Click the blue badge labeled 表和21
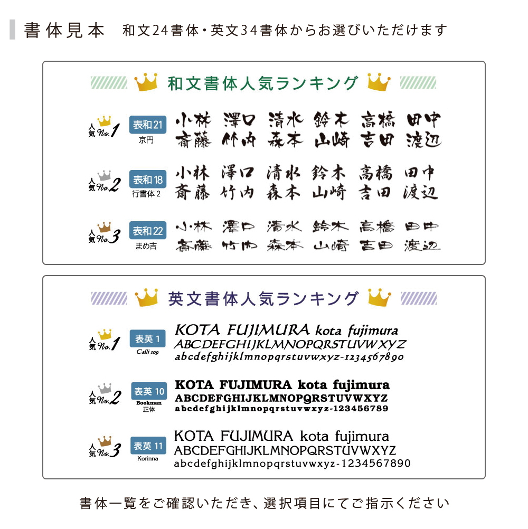[x=147, y=125]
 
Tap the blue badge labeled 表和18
[x=147, y=179]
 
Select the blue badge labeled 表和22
[x=147, y=231]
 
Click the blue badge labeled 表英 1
[x=147, y=338]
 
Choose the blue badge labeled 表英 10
[x=149, y=391]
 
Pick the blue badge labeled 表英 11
[x=149, y=445]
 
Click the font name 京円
[x=146, y=140]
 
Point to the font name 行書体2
[x=146, y=194]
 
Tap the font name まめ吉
[x=146, y=246]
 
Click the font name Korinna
[x=147, y=459]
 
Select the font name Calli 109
[x=147, y=352]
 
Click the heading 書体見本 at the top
[x=64, y=30]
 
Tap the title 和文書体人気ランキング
[x=262, y=83]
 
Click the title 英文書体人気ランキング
[x=263, y=299]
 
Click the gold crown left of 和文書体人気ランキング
[x=146, y=82]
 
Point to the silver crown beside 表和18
[x=105, y=175]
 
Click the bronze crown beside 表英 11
[x=105, y=441]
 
